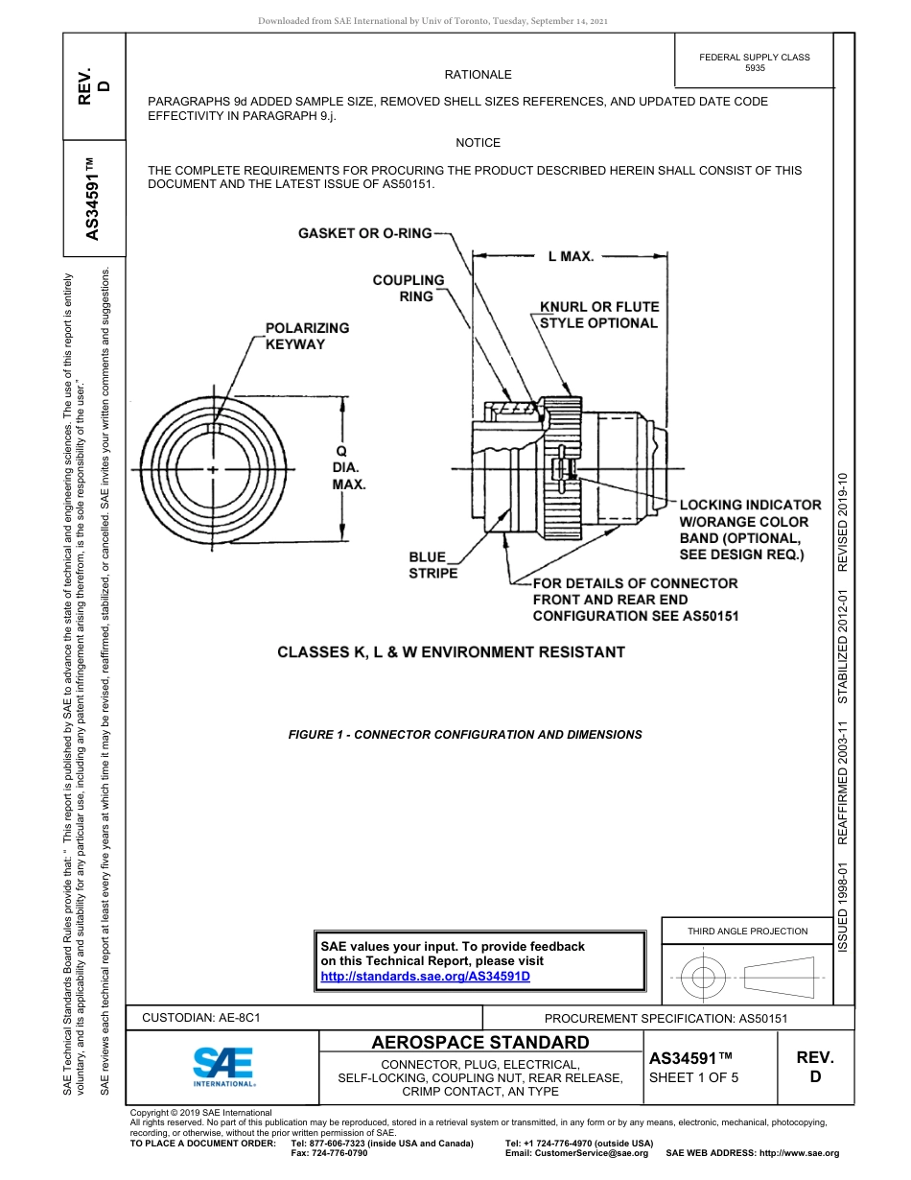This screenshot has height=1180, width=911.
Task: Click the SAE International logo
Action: click(x=223, y=1066)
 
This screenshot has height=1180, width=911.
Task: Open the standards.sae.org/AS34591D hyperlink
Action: click(x=425, y=976)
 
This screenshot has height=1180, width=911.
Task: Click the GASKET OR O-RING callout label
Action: click(x=364, y=233)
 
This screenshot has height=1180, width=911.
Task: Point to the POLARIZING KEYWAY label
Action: click(x=307, y=336)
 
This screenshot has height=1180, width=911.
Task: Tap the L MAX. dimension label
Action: click(x=571, y=256)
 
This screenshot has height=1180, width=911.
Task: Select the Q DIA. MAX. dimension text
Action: click(x=349, y=467)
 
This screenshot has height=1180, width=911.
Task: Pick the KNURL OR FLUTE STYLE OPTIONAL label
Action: click(x=599, y=315)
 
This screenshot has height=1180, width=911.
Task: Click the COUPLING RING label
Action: click(x=409, y=288)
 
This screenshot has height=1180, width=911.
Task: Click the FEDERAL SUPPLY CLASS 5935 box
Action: click(x=754, y=62)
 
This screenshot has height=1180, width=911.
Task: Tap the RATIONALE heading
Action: click(x=478, y=75)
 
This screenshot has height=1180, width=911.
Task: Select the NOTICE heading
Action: click(x=478, y=143)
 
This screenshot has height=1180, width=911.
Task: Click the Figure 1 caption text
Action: click(x=465, y=735)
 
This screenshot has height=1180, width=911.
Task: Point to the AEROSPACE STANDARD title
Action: click(x=480, y=1043)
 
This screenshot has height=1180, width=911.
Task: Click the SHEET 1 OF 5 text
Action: click(x=694, y=1077)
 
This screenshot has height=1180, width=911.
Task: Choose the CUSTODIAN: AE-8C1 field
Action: click(x=201, y=1017)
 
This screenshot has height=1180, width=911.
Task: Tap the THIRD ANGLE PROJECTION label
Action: click(x=747, y=931)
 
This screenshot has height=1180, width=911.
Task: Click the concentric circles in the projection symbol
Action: click(x=705, y=978)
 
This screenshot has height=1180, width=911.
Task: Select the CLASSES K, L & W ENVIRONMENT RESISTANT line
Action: click(x=451, y=652)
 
